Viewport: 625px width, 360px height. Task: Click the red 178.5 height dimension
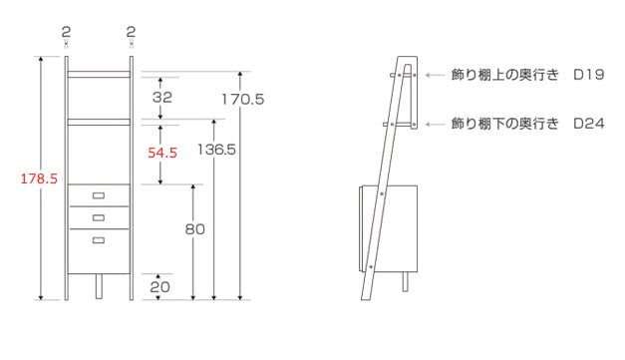coord(39,179)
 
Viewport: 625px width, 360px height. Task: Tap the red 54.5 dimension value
coord(162,153)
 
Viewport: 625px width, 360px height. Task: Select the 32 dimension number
coord(162,97)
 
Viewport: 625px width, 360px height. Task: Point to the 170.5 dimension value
coord(243,99)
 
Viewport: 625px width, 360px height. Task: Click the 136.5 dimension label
coord(217,150)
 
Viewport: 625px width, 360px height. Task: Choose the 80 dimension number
coord(195,228)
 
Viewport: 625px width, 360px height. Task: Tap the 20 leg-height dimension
coord(159,286)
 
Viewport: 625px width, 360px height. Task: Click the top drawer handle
coord(99,195)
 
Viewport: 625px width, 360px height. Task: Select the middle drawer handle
coord(99,217)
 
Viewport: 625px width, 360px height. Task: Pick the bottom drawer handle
coord(99,240)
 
